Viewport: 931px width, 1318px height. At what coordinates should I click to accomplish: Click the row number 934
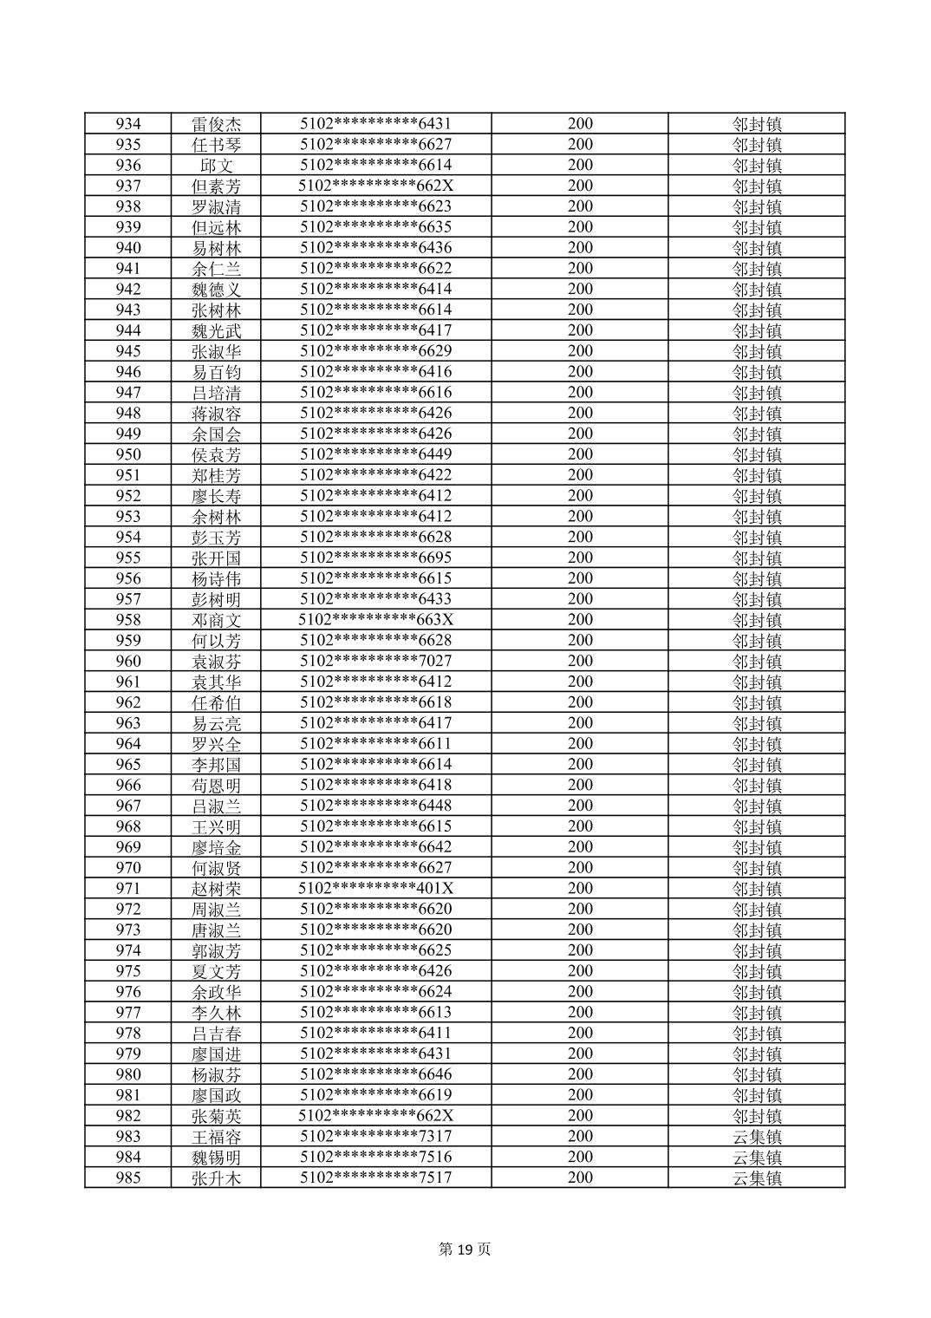coord(128,124)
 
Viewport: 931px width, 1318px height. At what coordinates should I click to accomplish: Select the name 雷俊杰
coord(216,124)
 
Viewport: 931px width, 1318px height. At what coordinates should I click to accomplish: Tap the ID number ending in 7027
coord(375,662)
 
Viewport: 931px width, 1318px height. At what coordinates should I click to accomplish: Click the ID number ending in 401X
coord(375,889)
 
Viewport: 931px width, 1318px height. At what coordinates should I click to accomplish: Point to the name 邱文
coord(216,166)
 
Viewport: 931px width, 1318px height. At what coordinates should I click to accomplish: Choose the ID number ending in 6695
coord(375,558)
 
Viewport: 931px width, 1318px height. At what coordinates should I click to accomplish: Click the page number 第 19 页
coord(465,1249)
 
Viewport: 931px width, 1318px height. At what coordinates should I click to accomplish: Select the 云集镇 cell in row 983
coord(756,1137)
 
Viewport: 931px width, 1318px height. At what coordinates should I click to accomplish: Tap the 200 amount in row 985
coord(580,1178)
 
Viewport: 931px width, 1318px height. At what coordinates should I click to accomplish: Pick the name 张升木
coord(216,1178)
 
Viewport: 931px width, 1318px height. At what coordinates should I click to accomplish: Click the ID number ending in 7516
coord(375,1157)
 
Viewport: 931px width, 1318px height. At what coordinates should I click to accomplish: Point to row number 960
coord(128,662)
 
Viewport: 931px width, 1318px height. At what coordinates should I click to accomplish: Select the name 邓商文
coord(216,620)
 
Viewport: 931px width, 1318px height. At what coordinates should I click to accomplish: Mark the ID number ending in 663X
coord(375,620)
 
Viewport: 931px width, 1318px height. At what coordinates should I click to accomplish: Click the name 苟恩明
coord(216,786)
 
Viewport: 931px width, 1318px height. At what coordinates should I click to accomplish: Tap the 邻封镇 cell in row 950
coord(756,454)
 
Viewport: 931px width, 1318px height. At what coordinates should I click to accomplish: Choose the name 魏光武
coord(216,330)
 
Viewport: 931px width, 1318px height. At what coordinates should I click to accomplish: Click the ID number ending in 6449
coord(375,454)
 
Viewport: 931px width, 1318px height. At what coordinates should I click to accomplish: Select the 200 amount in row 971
coord(580,889)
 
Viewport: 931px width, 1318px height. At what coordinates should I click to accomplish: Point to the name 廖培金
coord(216,847)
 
